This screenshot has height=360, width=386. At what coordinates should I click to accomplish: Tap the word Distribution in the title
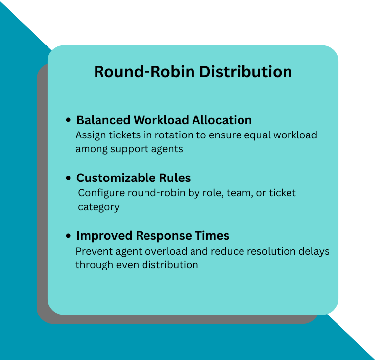point(245,72)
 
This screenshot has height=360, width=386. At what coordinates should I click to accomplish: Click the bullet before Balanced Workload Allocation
point(69,120)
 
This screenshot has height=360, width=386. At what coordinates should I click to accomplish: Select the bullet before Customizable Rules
point(69,178)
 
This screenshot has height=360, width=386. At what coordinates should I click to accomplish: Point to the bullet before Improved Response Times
point(69,236)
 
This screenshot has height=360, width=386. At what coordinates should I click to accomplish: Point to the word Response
point(161,236)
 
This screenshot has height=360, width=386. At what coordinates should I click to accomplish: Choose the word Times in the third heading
point(212,236)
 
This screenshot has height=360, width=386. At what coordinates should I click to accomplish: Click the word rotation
point(161,135)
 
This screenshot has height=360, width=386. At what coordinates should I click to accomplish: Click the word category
point(98,207)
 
